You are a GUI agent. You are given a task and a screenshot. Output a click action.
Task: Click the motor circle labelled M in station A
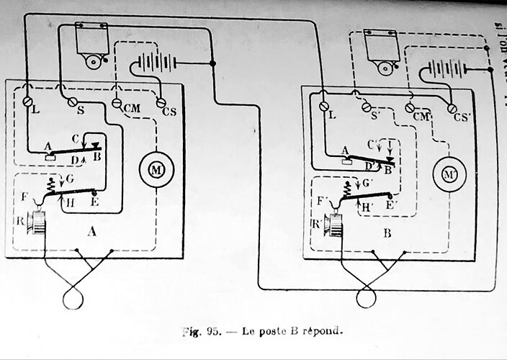pyautogui.click(x=152, y=168)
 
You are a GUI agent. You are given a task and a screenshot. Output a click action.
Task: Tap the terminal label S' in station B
pyautogui.click(x=377, y=114)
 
